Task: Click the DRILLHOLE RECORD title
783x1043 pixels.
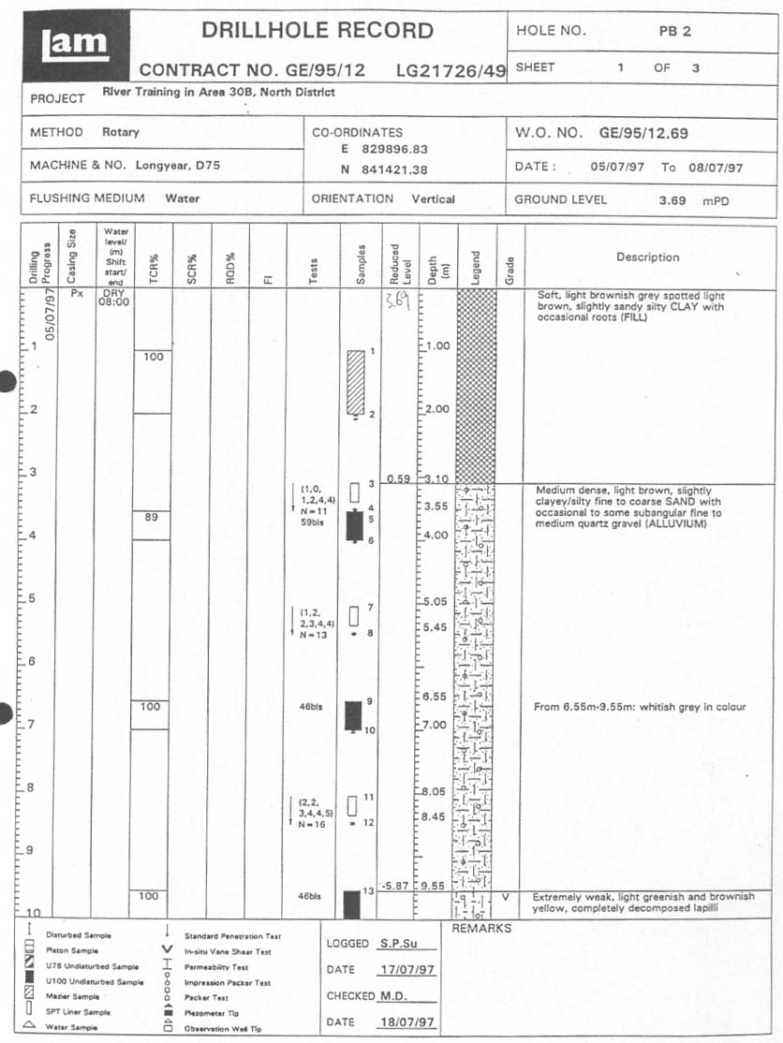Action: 318,30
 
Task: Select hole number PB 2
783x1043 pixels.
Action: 674,31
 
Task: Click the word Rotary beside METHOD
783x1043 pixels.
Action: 120,132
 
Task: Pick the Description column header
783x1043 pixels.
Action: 647,257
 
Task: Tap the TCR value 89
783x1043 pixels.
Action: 151,517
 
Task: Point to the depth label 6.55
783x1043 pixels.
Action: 435,697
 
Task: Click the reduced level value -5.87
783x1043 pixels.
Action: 398,886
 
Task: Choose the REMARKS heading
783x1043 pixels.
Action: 481,929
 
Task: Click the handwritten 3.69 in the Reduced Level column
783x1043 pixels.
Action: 397,301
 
